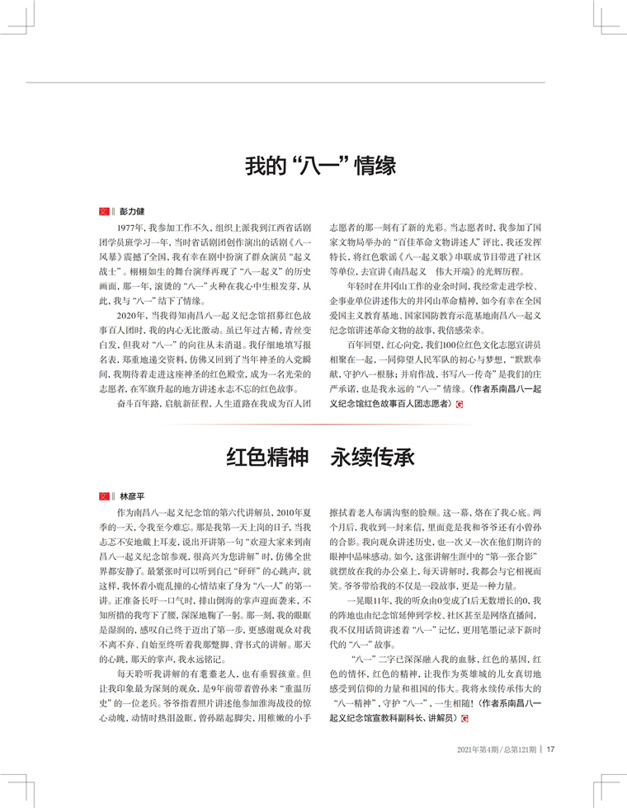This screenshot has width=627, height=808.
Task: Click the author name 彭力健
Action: click(x=132, y=212)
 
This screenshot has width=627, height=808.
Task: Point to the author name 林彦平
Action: click(x=132, y=496)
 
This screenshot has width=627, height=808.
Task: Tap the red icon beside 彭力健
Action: click(x=105, y=212)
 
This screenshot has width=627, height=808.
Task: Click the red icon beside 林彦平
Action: click(x=105, y=496)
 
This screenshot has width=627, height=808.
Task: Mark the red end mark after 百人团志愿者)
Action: click(x=459, y=405)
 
